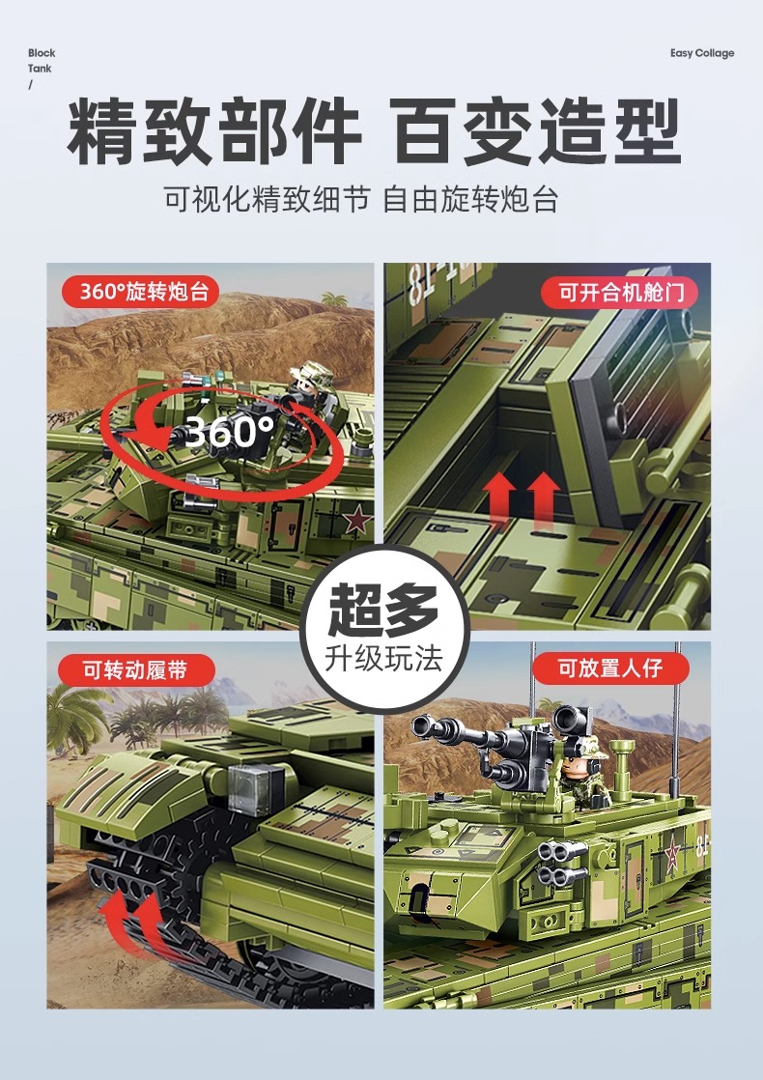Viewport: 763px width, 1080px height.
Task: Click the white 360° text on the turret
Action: click(228, 433)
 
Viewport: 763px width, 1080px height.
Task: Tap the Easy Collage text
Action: click(702, 53)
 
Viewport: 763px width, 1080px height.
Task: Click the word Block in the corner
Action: click(42, 53)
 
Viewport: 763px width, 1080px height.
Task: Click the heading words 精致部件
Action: click(213, 133)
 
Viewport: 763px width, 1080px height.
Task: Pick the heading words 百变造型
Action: click(537, 133)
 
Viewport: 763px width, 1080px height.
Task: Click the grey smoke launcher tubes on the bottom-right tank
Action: click(562, 863)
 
